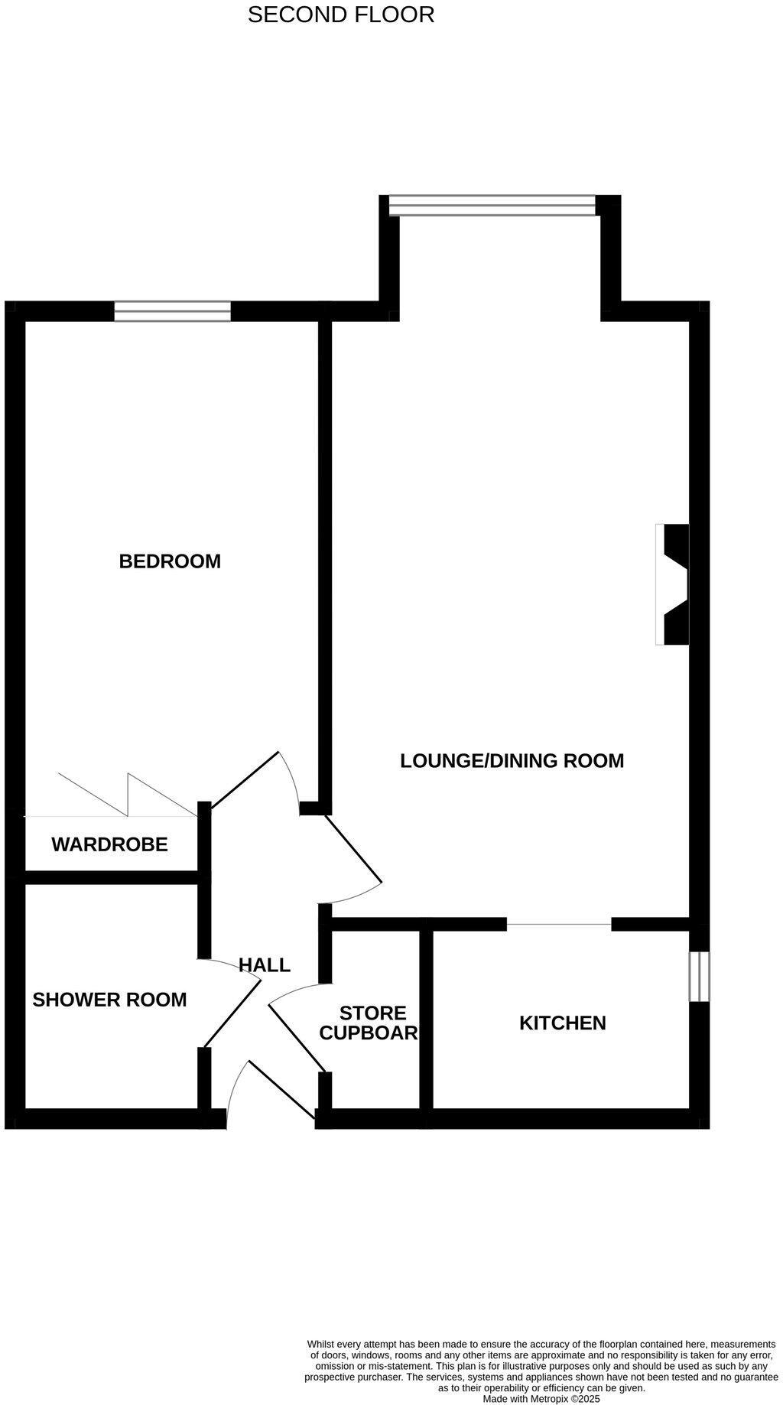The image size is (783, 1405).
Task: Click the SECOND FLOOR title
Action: click(x=341, y=15)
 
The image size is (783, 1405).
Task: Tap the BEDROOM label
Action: click(x=170, y=561)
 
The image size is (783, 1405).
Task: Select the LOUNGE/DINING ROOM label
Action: click(x=512, y=761)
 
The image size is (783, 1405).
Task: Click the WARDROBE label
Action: click(x=109, y=845)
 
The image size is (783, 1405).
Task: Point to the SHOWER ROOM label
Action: click(x=109, y=1000)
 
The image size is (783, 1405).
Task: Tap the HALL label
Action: click(x=265, y=965)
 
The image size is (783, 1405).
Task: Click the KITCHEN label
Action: click(x=562, y=1023)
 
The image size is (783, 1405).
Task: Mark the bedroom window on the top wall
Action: click(x=172, y=311)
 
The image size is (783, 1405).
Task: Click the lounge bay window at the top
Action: click(x=492, y=205)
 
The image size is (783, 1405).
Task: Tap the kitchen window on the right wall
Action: click(x=699, y=976)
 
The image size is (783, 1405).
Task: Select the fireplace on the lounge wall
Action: click(x=673, y=584)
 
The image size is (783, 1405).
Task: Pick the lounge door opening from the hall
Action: click(x=352, y=864)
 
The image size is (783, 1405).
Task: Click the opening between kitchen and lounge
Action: click(x=559, y=925)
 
